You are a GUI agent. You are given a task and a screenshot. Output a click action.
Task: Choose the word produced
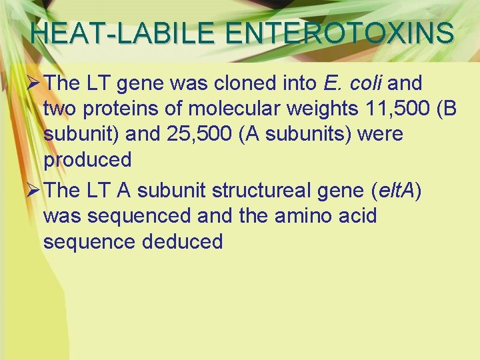[87, 160]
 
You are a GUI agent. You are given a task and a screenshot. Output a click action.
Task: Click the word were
[381, 135]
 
